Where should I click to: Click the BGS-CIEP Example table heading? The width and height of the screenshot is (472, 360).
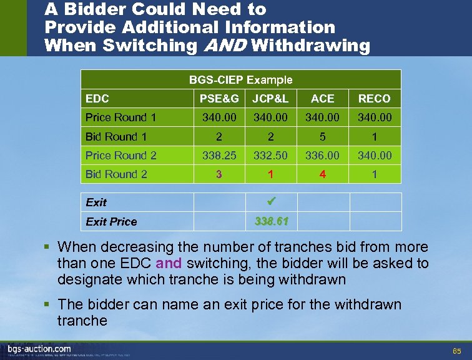pos(241,79)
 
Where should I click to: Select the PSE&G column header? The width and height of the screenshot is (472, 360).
pos(219,98)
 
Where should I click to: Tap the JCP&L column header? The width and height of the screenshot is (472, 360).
pos(270,98)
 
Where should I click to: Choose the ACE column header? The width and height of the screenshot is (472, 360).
pos(322,98)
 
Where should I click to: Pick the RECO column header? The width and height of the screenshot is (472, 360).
pos(374,98)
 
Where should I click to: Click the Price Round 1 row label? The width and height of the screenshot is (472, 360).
pos(120,117)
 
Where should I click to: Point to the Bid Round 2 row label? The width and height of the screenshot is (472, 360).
pos(116,174)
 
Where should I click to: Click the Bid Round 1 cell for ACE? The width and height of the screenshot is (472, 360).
pos(322,136)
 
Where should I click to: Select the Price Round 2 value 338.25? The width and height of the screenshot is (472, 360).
pos(219,156)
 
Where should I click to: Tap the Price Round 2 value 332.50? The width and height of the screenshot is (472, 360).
pos(270,156)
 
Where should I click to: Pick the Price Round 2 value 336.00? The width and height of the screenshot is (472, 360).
pos(322,156)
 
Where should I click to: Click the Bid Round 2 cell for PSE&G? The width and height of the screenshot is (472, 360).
pos(219,174)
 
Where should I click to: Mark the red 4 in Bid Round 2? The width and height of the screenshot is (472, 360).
pos(322,174)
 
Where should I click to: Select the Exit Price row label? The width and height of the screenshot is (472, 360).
pos(111,221)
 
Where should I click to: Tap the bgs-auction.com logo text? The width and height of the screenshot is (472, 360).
pos(39,348)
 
